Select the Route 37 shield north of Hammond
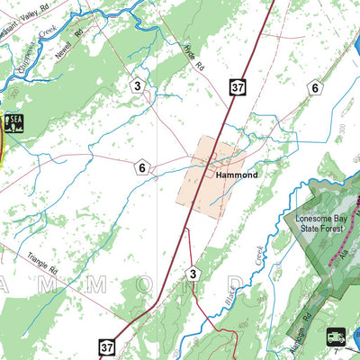(x=237, y=87)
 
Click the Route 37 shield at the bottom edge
(x=107, y=346)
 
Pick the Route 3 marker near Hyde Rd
(x=138, y=86)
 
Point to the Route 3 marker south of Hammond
(x=192, y=274)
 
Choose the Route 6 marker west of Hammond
(x=141, y=166)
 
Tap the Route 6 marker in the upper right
(x=314, y=87)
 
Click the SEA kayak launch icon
(x=14, y=122)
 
